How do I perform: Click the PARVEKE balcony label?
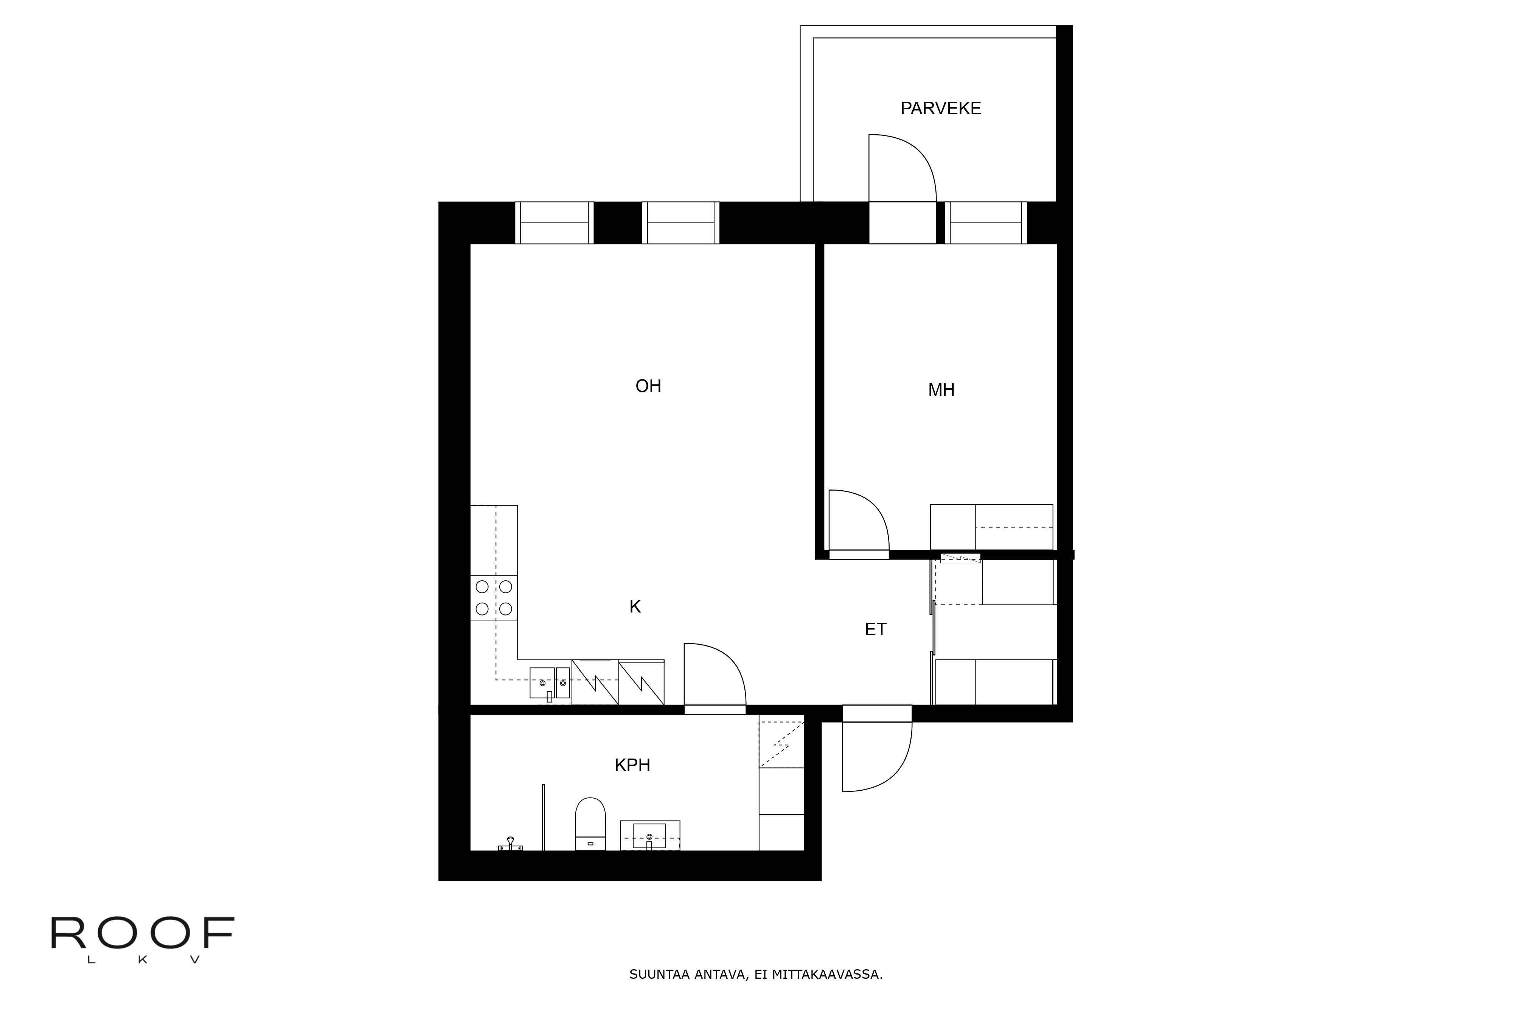click(940, 109)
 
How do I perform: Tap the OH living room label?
click(648, 386)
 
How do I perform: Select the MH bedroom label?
click(941, 390)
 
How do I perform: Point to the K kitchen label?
click(635, 607)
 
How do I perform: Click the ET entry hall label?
click(876, 629)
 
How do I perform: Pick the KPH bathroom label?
click(632, 765)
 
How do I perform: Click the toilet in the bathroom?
click(590, 824)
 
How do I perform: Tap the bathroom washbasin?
click(650, 835)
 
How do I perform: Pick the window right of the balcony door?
click(985, 223)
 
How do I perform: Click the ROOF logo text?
click(142, 934)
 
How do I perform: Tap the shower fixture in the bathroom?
click(511, 844)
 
